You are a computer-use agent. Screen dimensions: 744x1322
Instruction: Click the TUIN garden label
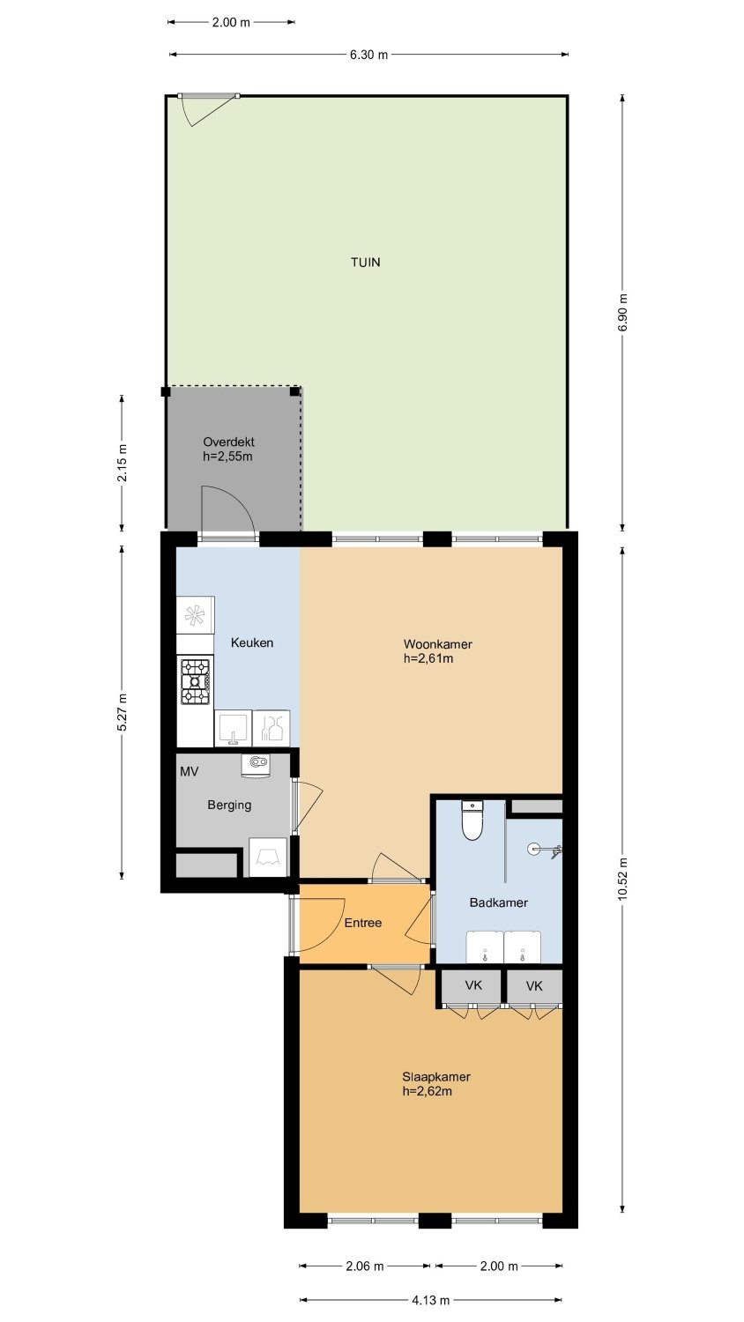(366, 262)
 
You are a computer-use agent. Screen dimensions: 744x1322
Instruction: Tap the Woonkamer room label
(437, 644)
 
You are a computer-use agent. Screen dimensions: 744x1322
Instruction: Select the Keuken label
(252, 642)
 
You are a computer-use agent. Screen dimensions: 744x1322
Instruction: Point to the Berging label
(229, 806)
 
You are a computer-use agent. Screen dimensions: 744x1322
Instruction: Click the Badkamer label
(498, 902)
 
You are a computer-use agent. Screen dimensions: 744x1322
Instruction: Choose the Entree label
(363, 923)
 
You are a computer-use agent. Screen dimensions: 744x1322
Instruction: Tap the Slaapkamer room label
(436, 1077)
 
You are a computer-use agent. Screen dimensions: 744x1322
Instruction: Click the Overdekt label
(228, 442)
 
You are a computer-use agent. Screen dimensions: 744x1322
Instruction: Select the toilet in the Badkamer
(472, 821)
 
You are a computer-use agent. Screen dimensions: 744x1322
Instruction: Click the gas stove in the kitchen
(196, 681)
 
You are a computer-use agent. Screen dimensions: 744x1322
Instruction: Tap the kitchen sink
(234, 728)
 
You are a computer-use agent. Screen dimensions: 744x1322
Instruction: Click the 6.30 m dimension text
(369, 55)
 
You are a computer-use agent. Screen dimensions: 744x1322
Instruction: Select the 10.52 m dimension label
(622, 879)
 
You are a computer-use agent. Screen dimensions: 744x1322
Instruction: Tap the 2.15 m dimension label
(123, 462)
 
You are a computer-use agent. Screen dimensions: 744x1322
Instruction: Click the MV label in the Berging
(189, 772)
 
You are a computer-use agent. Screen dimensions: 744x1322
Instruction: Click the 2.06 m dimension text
(365, 1266)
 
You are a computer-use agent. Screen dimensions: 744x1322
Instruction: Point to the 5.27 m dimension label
(123, 711)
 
